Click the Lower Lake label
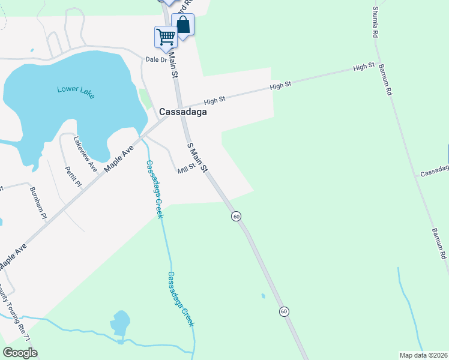pos(76,92)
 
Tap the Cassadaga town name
pos(183,112)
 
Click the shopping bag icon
pos(182,25)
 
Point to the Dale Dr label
pos(155,59)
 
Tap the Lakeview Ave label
pos(85,154)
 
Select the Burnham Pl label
pos(38,203)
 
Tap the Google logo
pos(20,352)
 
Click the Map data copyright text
pos(423,355)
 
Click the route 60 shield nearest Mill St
pos(236,216)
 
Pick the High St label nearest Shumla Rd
pos(364,66)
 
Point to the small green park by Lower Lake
pos(145,98)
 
